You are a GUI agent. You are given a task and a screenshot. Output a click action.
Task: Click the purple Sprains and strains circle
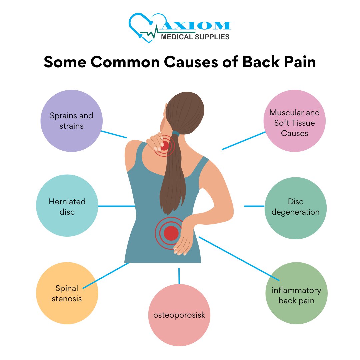pos(71,121)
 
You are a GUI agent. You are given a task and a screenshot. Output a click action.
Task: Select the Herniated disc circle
pos(67,206)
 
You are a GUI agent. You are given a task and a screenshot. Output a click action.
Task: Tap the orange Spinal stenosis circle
pos(67,293)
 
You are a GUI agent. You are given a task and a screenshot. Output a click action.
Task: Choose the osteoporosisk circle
pos(179,315)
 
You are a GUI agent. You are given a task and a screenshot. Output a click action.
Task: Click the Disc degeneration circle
pos(295,207)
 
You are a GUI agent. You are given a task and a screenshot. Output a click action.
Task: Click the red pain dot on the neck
pos(165,145)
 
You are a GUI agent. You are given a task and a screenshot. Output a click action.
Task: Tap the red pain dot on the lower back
pos(171,233)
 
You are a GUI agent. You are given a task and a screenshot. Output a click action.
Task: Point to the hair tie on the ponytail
pos(176,133)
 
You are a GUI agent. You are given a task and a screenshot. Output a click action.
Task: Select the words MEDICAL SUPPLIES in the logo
pos(195,37)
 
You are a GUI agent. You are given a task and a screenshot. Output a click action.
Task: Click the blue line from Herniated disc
pos(116,206)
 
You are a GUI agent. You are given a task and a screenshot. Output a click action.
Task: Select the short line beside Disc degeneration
pos(254,206)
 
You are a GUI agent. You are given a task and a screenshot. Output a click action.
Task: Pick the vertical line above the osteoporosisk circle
pos(179,276)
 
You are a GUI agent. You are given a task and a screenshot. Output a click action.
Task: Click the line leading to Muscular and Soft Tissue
pos(244,141)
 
